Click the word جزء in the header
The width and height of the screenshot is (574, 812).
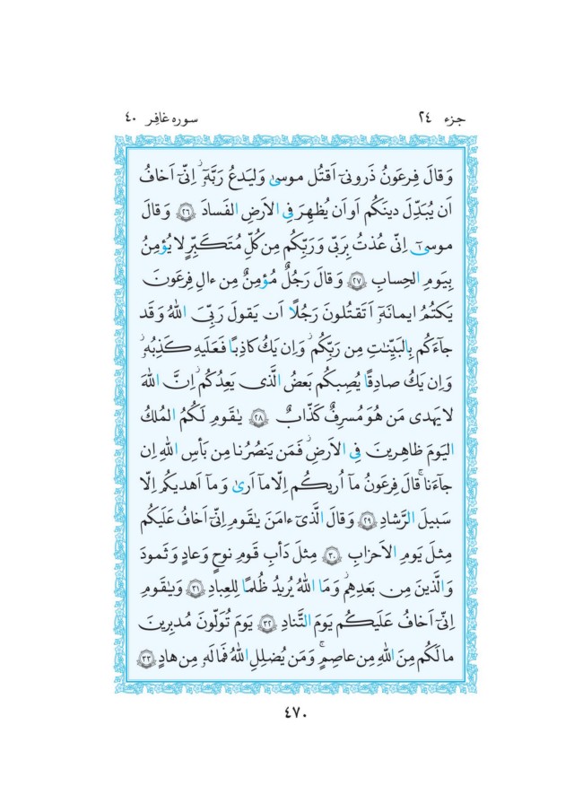click(441, 116)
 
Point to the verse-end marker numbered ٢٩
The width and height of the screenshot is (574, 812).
click(342, 520)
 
